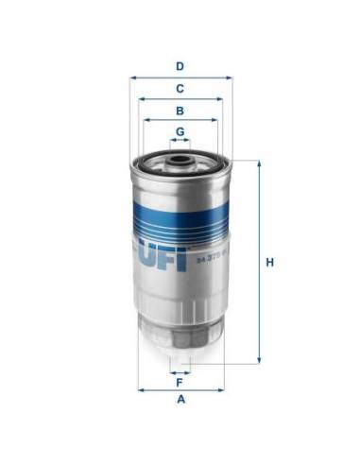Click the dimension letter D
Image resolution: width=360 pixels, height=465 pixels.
pos(179,66)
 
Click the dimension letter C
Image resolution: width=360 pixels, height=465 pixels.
pos(179,88)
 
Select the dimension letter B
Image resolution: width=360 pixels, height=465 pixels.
pos(179,110)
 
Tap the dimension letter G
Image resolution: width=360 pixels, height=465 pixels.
pos(179,130)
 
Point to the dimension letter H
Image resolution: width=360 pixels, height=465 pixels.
pos(269,263)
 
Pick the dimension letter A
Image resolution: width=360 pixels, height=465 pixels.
pos(179,401)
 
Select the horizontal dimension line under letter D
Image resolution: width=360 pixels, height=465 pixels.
pos(180,77)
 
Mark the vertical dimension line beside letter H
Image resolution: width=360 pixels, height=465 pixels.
pos(256,263)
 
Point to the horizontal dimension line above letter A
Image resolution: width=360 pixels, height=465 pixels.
pos(180,388)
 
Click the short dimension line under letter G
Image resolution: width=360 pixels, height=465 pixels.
pos(179,140)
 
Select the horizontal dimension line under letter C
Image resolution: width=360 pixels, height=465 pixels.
pos(180,98)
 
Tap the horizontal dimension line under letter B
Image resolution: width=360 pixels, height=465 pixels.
pos(180,120)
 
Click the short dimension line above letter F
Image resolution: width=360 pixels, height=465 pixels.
pos(179,372)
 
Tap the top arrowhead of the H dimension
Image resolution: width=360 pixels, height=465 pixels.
pos(256,164)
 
